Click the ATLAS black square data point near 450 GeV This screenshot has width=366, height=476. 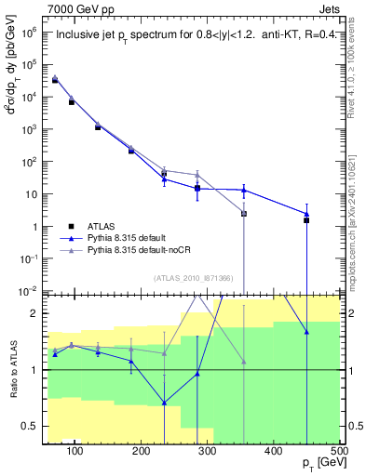point(306,220)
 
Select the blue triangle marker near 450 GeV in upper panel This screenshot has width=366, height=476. point(306,214)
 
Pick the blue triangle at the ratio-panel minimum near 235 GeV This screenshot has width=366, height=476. point(164,403)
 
